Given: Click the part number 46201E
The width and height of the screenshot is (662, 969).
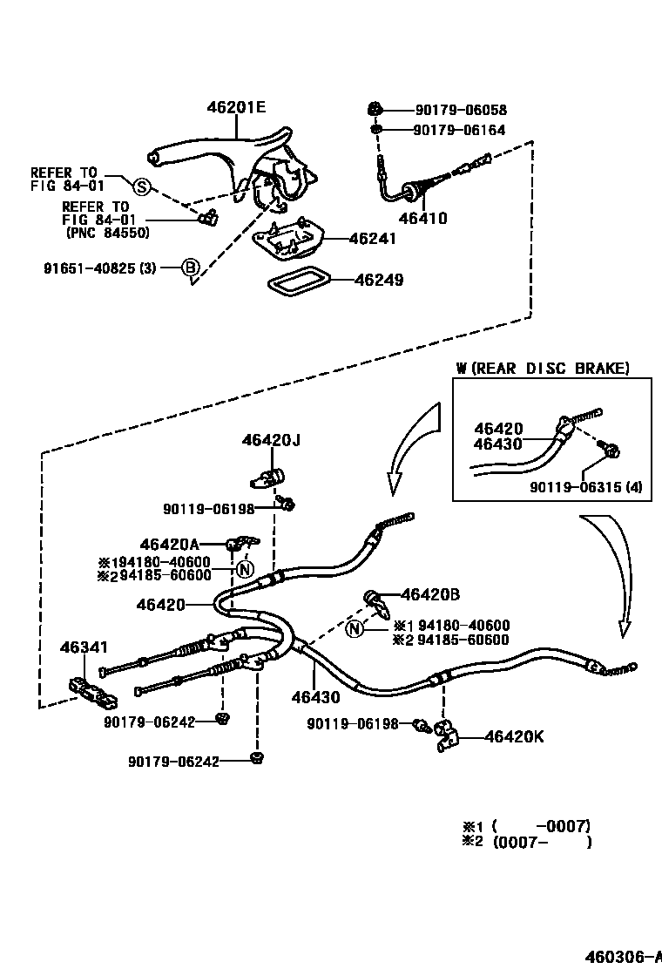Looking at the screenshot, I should click(x=236, y=108).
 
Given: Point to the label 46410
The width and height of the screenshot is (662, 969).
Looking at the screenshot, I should click(x=423, y=219).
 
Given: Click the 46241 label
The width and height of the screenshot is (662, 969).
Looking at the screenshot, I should click(x=372, y=238).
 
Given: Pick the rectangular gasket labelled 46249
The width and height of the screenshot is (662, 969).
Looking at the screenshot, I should click(x=296, y=281).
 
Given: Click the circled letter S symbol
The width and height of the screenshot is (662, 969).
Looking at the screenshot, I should click(x=141, y=185).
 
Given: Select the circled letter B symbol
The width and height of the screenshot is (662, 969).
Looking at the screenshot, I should click(x=190, y=268).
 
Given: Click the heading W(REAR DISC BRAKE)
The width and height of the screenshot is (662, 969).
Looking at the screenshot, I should click(x=543, y=368).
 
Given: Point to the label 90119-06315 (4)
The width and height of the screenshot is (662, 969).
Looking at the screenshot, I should click(x=585, y=487).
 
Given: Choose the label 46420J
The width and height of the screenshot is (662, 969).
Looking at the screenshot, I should click(x=271, y=441).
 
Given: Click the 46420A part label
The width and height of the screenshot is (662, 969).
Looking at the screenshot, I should click(x=169, y=545).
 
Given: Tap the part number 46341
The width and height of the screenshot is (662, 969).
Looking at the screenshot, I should click(x=84, y=647).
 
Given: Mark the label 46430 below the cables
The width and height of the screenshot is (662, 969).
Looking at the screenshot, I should click(x=315, y=697).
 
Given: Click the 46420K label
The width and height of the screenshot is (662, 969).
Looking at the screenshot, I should click(x=514, y=737).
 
